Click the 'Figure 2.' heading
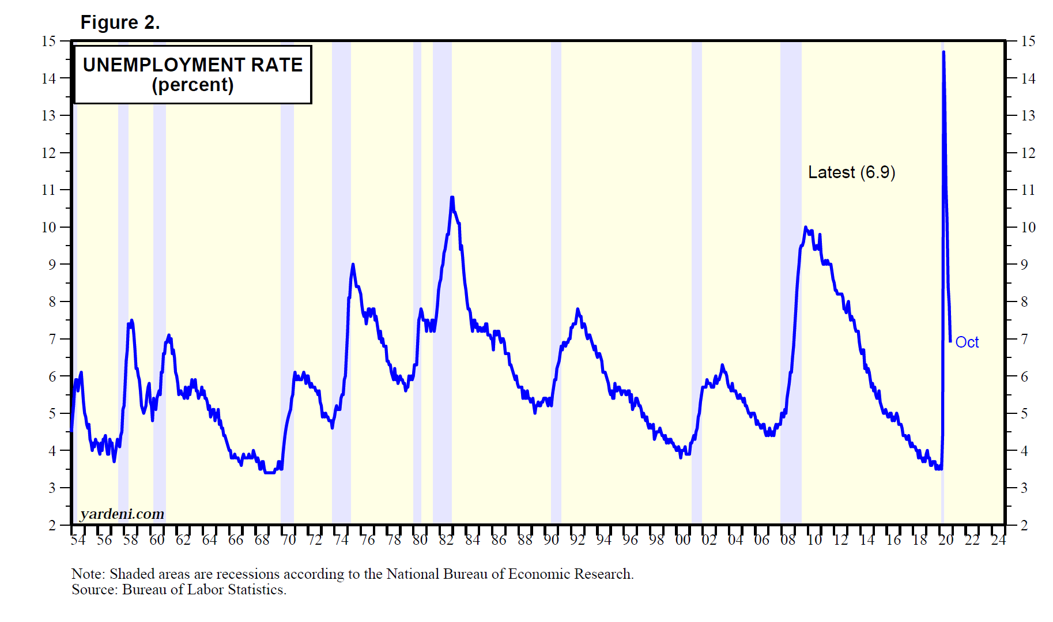120,22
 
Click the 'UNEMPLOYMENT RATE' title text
193,65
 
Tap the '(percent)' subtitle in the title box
193,85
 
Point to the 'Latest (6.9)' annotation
851,172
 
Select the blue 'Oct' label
967,342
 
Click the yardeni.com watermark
122,514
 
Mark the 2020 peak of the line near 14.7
943,52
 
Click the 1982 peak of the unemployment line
452,198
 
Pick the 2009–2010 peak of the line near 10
806,228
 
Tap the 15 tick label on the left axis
48,41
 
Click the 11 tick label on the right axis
1028,190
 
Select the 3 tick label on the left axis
52,488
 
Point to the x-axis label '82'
446,540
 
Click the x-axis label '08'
788,540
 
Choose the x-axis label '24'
998,540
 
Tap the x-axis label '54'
78,540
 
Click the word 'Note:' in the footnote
88,574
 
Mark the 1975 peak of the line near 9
353,265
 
